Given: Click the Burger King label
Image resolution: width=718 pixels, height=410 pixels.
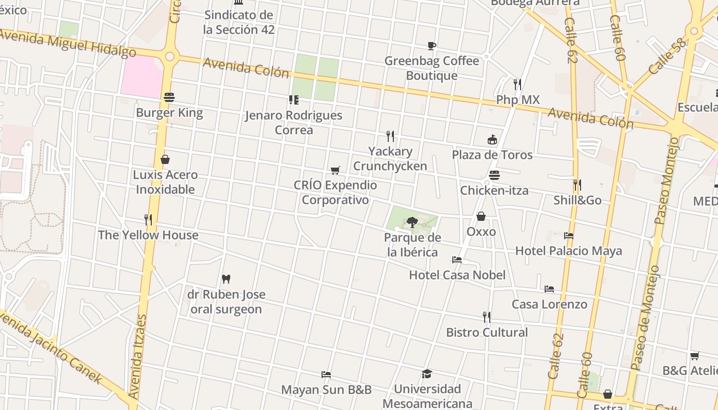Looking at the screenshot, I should coord(169,113).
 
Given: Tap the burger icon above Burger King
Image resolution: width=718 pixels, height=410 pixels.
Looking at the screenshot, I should coord(169,97).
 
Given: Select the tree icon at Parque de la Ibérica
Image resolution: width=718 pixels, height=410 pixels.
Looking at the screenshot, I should coord(412,222).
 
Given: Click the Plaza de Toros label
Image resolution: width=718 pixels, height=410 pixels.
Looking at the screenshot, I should coord(492,155).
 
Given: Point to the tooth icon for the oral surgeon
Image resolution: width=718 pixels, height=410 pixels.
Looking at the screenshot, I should coord(226,279).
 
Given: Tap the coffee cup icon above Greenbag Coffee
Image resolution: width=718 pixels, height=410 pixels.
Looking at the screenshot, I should coord(432,46).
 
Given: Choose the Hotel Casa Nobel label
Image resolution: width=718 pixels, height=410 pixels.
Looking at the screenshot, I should coord(457,275).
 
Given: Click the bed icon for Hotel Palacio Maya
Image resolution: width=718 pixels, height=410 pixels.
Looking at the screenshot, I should coord(568,236).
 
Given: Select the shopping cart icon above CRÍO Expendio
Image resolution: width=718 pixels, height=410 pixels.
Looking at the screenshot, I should coord(335,170).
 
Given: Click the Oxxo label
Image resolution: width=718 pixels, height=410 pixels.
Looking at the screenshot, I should coord(481,232).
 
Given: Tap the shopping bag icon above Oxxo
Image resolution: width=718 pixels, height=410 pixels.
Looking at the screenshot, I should coord(481,217).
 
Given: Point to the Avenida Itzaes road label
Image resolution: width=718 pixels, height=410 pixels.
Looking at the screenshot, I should coord(137,357).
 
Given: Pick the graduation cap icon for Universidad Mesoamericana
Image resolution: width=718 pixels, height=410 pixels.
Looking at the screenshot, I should coord(427,374).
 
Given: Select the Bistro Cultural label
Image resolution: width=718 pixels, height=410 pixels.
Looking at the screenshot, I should coord(487,333).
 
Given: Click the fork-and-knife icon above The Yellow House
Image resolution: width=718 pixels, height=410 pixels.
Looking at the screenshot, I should coord(148,220).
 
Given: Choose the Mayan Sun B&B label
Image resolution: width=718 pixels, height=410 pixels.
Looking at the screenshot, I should coord(326,390).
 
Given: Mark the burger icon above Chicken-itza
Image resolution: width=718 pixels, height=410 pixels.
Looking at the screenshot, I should coord(494,176).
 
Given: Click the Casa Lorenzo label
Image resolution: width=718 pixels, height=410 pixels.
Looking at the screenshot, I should coord(549,304).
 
